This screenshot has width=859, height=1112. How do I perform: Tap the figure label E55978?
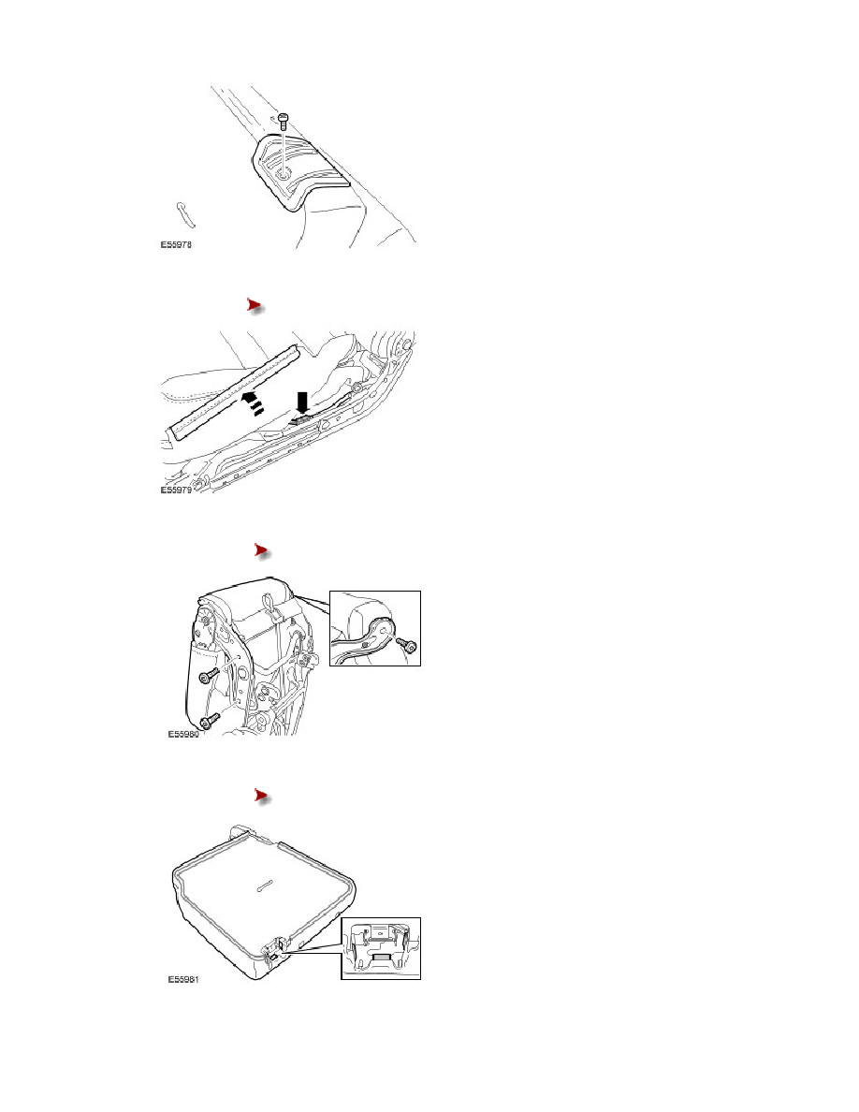click(175, 244)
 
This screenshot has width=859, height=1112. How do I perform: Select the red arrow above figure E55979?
click(255, 306)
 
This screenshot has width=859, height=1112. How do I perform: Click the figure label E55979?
click(175, 490)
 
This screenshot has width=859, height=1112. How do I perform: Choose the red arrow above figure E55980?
click(263, 551)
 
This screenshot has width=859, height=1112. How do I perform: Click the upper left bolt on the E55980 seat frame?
click(208, 676)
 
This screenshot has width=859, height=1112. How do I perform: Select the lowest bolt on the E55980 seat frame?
click(209, 720)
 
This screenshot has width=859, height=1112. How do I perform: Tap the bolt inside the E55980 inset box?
click(407, 645)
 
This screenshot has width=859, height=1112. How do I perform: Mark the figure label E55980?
click(182, 734)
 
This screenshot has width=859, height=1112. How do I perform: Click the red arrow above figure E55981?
click(263, 797)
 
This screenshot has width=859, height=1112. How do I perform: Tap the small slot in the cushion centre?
click(265, 885)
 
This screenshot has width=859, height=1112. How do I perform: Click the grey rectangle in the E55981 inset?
click(381, 957)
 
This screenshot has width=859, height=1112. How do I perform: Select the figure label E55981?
click(182, 979)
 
